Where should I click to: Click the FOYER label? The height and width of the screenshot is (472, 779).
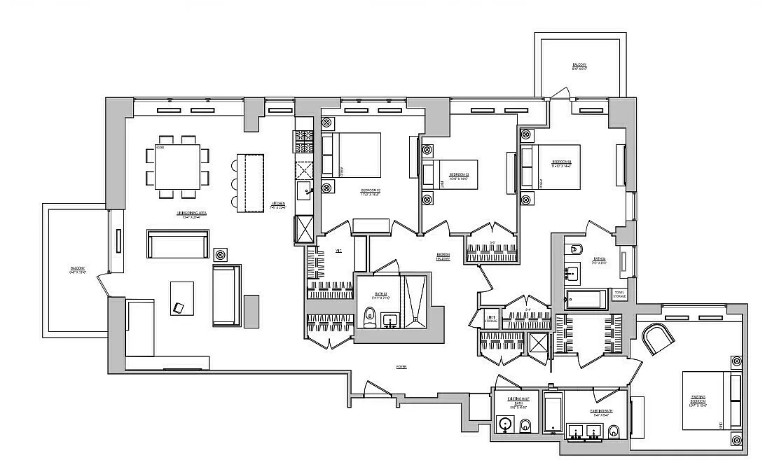[x=401, y=366]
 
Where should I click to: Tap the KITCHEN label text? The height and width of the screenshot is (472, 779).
[x=280, y=206]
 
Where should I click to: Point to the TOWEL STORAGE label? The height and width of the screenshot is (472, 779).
[x=619, y=295]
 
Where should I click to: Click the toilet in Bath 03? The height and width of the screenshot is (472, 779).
[x=369, y=317]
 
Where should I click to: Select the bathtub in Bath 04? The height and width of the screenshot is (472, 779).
[x=588, y=300]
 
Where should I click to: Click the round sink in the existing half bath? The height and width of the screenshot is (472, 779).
[x=505, y=424]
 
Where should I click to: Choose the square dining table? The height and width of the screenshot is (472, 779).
[x=177, y=166]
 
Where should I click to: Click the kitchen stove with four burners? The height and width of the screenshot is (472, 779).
[x=303, y=142]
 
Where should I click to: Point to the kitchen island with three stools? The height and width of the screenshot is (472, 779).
[x=249, y=182]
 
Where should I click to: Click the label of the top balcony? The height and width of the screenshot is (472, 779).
[x=579, y=67]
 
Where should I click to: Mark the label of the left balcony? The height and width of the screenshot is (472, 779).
[x=78, y=270]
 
